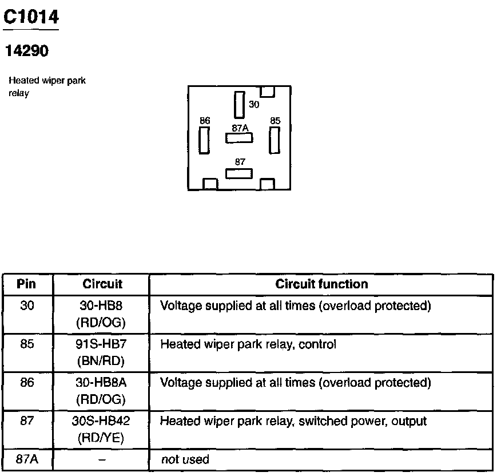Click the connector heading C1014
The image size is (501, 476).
(x=31, y=17)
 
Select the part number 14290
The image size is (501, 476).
(x=27, y=51)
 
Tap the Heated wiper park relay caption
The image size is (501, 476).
(x=47, y=86)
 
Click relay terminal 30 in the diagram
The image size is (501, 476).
(x=239, y=105)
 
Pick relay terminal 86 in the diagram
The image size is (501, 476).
(x=204, y=140)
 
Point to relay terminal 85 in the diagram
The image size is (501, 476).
(x=275, y=140)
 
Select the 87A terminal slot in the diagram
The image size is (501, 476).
(x=238, y=138)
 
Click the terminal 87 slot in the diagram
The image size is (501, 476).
(x=238, y=173)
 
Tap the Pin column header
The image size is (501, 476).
(x=27, y=284)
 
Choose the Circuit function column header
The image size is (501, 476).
(x=321, y=284)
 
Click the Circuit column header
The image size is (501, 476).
(x=102, y=284)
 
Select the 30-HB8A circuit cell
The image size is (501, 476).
(x=101, y=390)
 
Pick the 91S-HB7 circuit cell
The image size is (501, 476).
(x=101, y=352)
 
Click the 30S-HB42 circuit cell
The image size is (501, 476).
(x=101, y=429)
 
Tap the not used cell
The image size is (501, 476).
(x=185, y=459)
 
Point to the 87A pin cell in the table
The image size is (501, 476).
(x=27, y=459)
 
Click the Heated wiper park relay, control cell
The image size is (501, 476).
(x=248, y=344)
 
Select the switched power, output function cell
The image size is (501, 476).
(x=293, y=422)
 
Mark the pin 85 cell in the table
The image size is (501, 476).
(x=27, y=345)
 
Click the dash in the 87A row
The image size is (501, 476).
(x=101, y=459)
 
